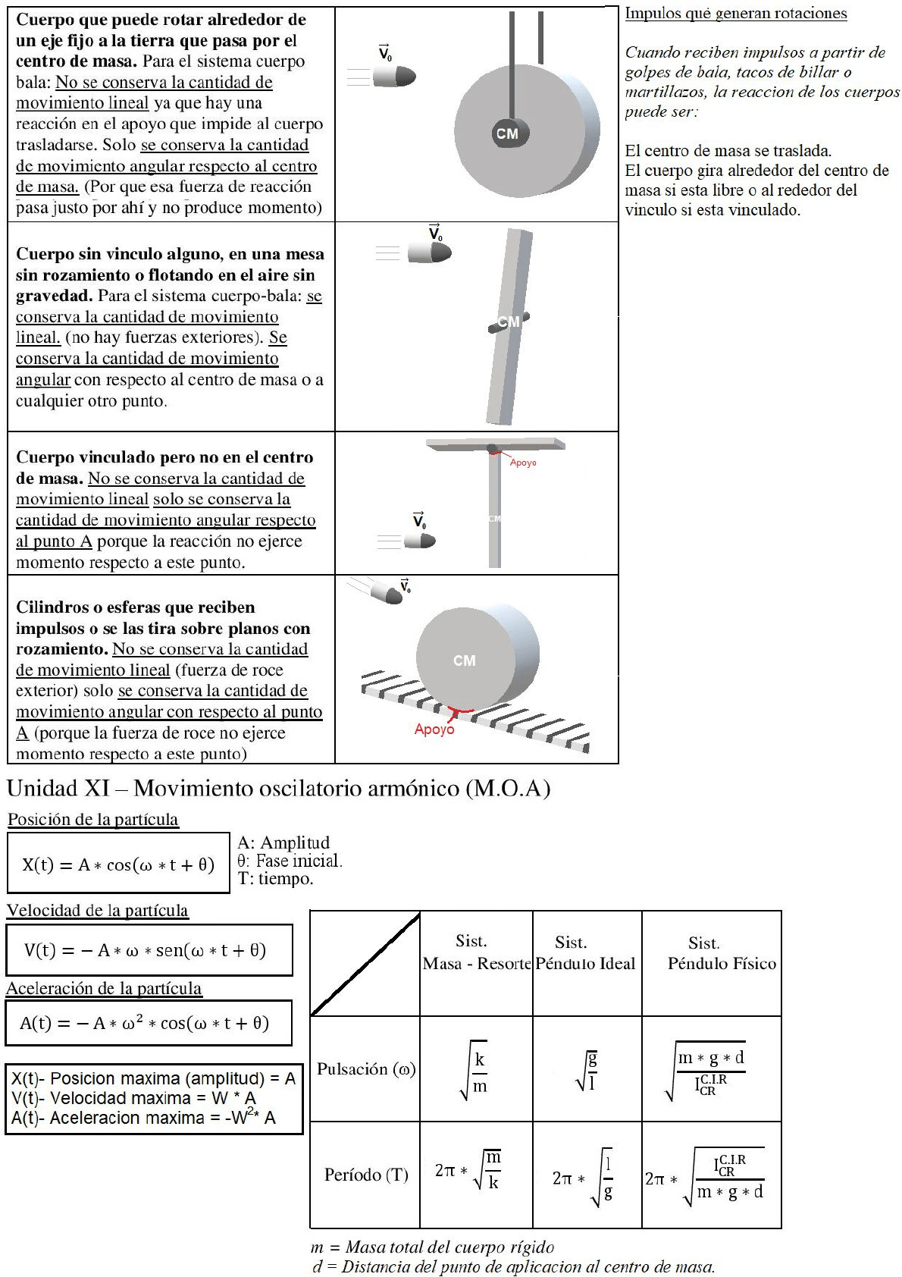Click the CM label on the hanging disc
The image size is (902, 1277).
tap(507, 133)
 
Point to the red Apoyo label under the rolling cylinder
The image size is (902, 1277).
tap(434, 729)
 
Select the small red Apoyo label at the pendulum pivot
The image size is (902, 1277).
tap(523, 463)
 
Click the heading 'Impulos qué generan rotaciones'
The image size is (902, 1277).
tap(735, 13)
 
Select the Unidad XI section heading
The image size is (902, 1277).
tap(278, 789)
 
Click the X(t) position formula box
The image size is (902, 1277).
tap(118, 864)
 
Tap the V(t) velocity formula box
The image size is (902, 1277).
tap(149, 949)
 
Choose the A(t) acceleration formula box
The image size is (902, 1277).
tap(148, 1023)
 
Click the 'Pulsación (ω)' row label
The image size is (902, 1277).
tap(365, 1069)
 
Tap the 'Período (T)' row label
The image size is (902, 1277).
tap(366, 1175)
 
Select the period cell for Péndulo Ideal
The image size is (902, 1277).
tap(586, 1176)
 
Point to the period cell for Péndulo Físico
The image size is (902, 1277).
tap(710, 1176)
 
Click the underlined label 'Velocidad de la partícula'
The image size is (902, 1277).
tap(98, 910)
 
